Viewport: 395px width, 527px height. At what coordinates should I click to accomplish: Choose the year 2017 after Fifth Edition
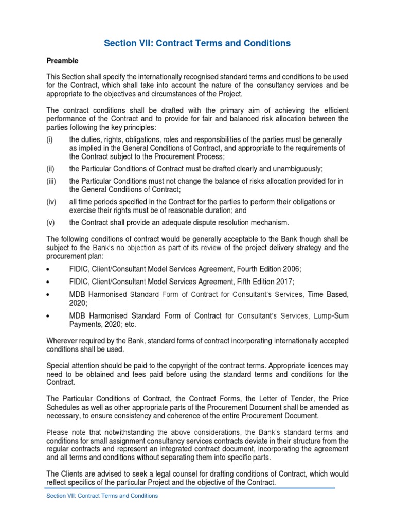click(x=284, y=282)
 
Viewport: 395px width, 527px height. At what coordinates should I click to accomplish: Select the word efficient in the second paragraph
click(x=334, y=110)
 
